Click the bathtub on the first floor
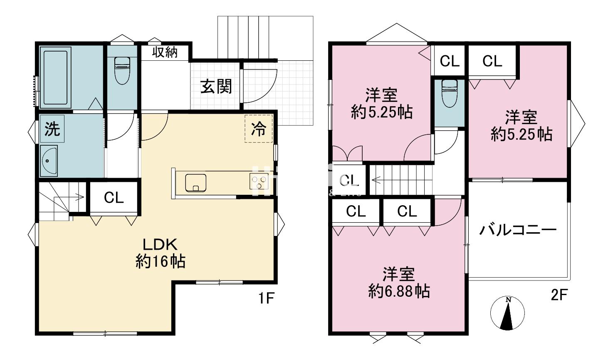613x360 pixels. [x=55, y=77]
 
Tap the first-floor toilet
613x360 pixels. [x=122, y=69]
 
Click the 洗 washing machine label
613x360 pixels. [x=52, y=129]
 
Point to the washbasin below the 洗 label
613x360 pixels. [x=49, y=161]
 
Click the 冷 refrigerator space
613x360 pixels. [x=258, y=129]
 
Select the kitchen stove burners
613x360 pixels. [x=259, y=182]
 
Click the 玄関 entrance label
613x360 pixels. [x=216, y=87]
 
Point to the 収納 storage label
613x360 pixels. [x=165, y=52]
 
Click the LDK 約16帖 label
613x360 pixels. [x=161, y=253]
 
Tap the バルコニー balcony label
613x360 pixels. [x=518, y=230]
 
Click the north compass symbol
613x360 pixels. [x=507, y=313]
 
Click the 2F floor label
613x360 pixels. [x=559, y=295]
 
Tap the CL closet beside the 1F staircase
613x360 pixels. [x=114, y=198]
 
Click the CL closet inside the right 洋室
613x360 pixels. [x=492, y=61]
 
